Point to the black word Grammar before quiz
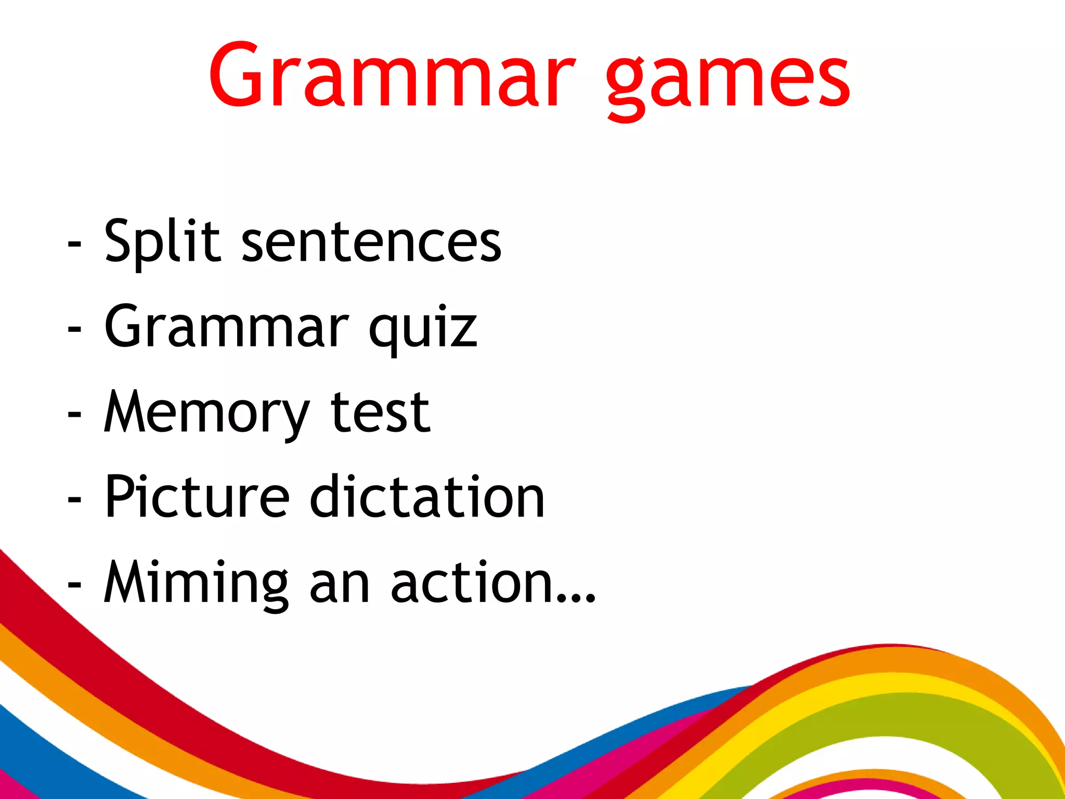point(226,327)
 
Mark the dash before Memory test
point(74,415)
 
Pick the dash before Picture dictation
point(74,500)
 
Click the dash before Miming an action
point(74,585)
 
